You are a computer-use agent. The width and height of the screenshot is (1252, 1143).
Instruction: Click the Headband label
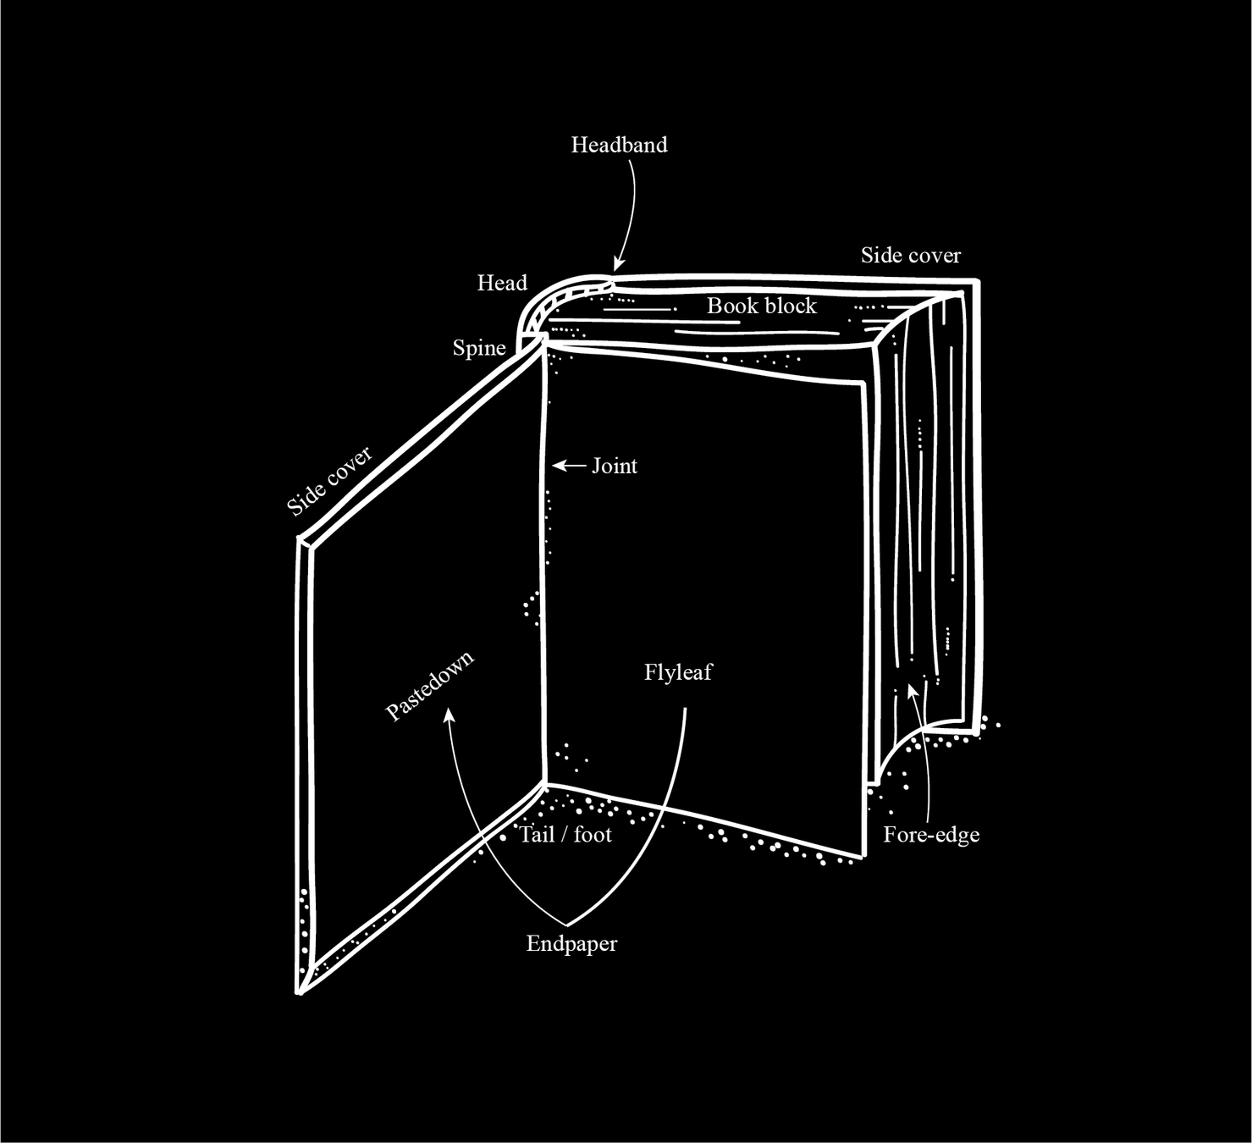click(619, 145)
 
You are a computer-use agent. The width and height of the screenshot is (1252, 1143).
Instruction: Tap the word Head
click(502, 283)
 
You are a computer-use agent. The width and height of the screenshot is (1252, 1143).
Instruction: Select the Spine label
click(479, 348)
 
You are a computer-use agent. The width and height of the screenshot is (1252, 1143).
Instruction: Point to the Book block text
click(762, 306)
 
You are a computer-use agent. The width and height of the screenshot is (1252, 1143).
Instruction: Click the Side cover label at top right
click(911, 255)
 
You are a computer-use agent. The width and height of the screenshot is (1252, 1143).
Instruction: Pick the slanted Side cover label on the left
click(329, 481)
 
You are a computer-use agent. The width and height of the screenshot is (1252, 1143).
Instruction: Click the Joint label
click(615, 466)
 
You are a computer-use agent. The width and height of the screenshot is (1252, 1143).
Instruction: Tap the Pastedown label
click(429, 686)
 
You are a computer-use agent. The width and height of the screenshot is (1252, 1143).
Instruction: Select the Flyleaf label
click(678, 672)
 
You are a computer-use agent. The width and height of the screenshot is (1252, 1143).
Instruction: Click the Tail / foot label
click(565, 835)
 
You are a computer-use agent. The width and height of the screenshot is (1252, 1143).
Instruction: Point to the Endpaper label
click(571, 943)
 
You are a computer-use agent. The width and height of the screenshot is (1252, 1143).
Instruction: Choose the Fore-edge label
click(931, 835)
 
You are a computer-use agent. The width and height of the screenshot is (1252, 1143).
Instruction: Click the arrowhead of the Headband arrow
click(618, 264)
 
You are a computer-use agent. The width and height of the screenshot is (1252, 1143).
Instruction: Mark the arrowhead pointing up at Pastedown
click(450, 715)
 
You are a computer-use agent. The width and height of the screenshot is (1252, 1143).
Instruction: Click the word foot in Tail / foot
click(593, 835)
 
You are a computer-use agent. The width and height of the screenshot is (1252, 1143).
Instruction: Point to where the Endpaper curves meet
click(567, 924)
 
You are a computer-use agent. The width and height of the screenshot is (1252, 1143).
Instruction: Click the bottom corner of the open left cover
click(300, 991)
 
